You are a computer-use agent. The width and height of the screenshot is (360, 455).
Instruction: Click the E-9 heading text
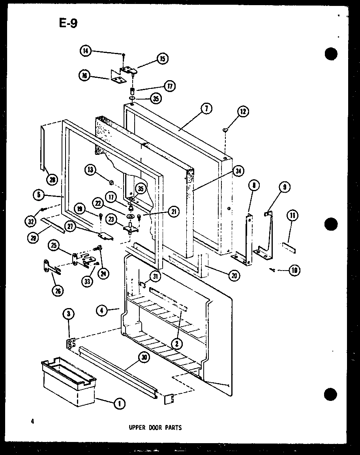click(x=68, y=24)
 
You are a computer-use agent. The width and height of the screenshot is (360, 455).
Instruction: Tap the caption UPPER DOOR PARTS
click(x=156, y=427)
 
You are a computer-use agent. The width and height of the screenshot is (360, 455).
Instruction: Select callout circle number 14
click(x=85, y=51)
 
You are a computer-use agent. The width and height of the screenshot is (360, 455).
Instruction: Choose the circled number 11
click(x=292, y=216)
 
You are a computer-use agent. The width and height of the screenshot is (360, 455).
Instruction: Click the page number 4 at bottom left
click(x=33, y=422)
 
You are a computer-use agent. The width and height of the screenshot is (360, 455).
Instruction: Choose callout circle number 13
click(x=90, y=170)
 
